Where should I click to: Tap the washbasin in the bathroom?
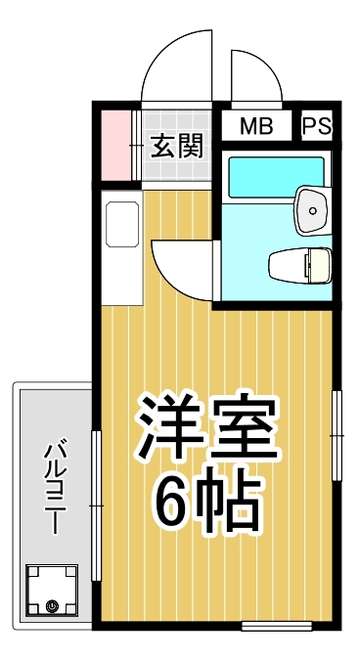pos(313,206)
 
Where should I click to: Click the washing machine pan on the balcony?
pos(52,593)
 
